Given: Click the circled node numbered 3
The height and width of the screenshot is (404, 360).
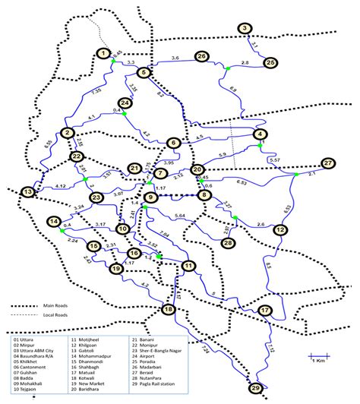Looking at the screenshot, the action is (x=244, y=29).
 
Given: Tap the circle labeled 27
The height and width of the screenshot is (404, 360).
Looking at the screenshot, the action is (x=327, y=163).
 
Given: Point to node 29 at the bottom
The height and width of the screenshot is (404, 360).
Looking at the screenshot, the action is (x=255, y=389).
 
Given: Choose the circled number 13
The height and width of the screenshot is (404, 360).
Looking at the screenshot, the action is (x=28, y=193).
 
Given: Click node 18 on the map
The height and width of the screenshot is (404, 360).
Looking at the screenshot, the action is (x=168, y=309).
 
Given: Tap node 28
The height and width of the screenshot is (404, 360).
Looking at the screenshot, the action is (x=227, y=243).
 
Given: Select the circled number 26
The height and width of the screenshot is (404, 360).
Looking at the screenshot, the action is (x=201, y=57).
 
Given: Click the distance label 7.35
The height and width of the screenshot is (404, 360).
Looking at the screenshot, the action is (x=96, y=91).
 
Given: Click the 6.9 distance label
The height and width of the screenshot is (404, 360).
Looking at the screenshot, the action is (x=232, y=90).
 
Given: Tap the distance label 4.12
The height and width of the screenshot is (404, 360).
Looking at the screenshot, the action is (x=43, y=185).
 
